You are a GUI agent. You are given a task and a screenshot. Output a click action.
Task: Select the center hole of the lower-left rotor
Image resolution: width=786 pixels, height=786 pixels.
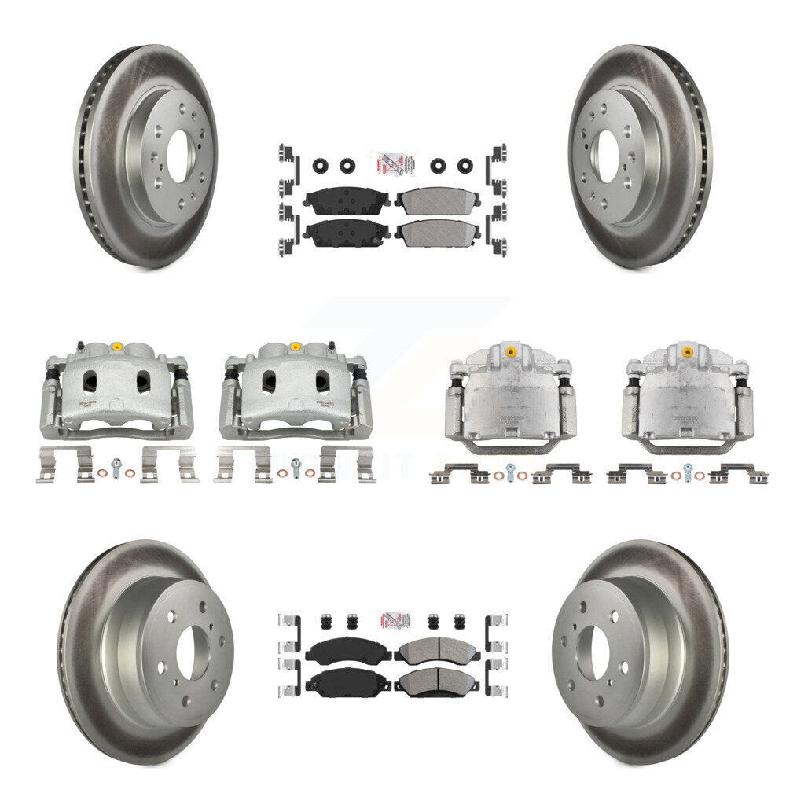[x=193, y=654]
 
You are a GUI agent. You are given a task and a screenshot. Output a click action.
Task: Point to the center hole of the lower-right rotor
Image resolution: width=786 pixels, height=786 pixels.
[x=592, y=654]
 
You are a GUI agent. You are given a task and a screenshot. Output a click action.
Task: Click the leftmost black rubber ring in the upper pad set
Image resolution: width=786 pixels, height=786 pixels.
[x=321, y=166]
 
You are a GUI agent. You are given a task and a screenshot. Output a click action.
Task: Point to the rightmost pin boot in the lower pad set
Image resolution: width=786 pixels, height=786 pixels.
[x=457, y=623]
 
